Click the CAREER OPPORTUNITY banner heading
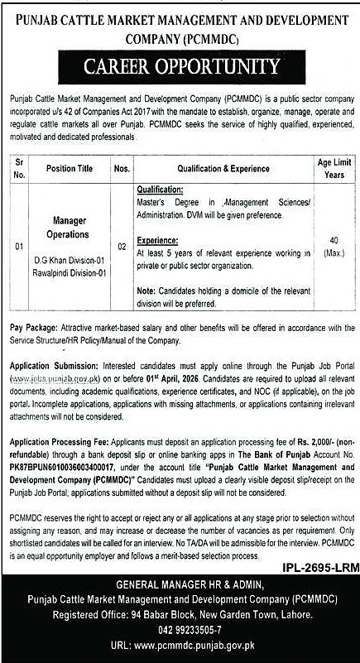click(180, 65)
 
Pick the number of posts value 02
click(122, 246)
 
